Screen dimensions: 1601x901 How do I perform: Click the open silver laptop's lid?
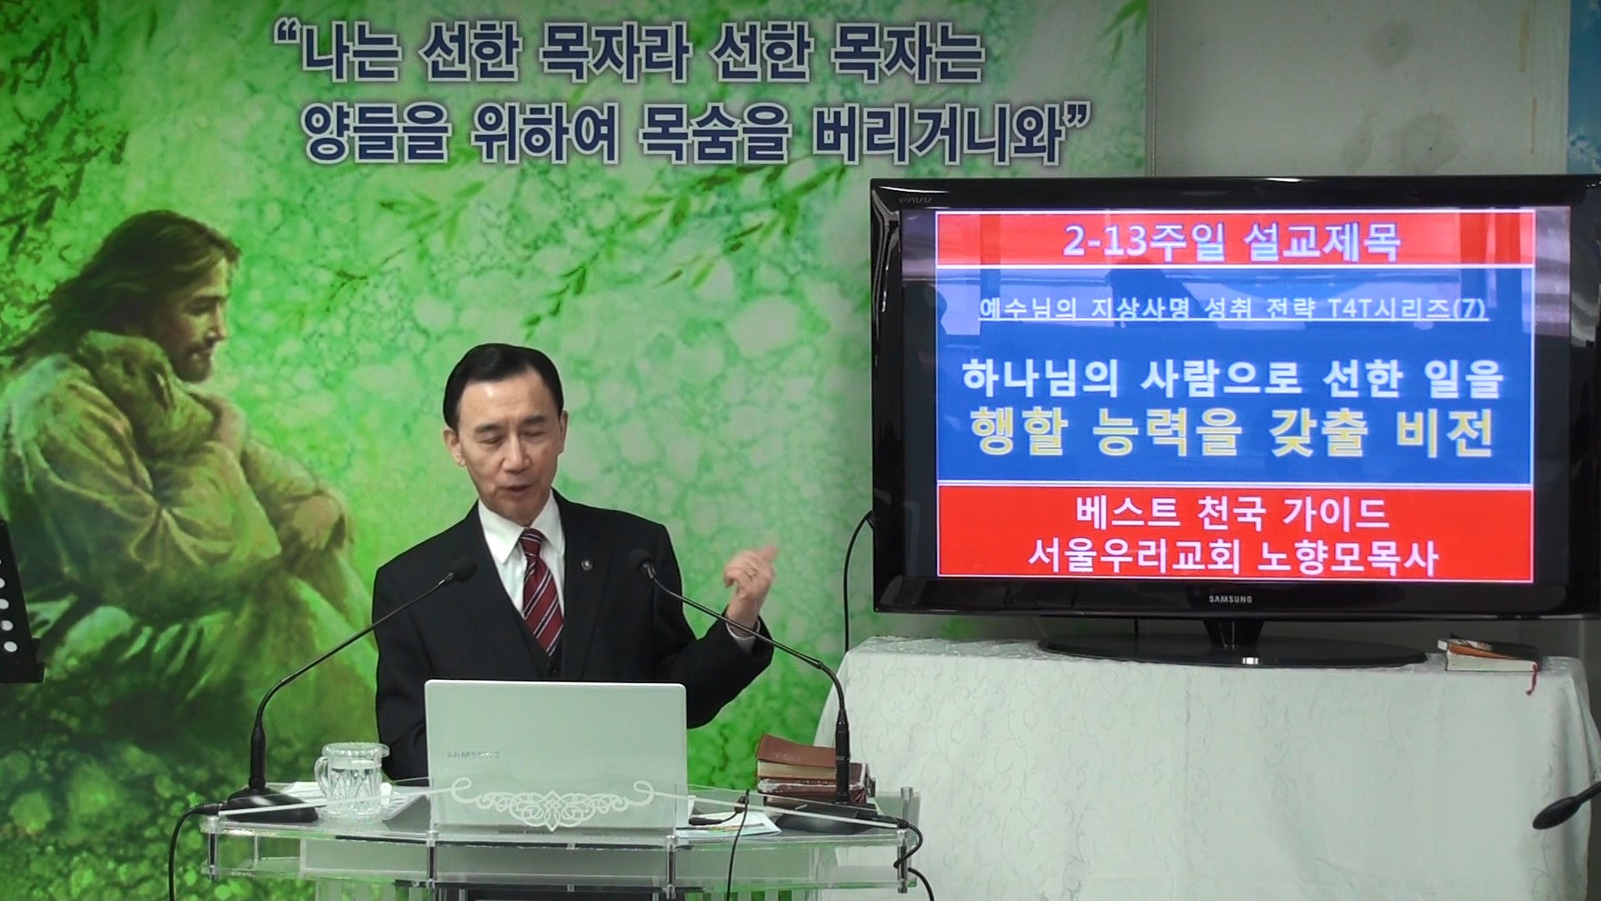coord(555,734)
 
